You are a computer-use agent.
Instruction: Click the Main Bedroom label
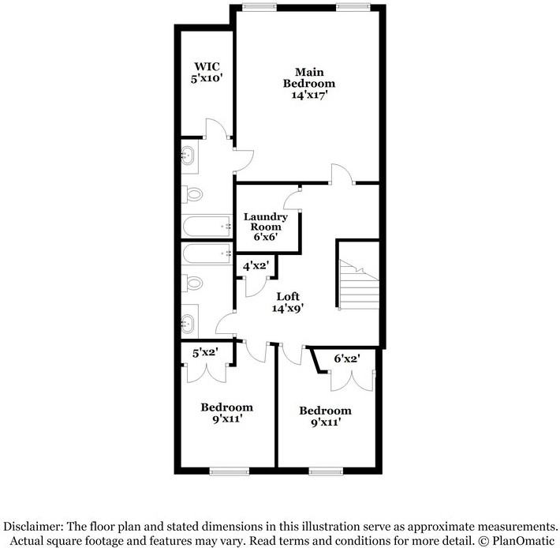click(x=309, y=83)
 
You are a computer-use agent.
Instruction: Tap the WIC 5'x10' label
click(x=207, y=72)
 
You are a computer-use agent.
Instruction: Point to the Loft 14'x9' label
click(x=288, y=302)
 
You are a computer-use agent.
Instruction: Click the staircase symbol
click(x=359, y=284)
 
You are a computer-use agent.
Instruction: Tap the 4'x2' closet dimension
click(x=256, y=266)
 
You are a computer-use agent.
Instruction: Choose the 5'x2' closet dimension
click(x=205, y=353)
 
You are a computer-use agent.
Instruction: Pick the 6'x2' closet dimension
click(x=347, y=358)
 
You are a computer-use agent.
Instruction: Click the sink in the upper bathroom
click(x=188, y=156)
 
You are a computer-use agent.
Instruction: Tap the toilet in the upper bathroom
click(x=192, y=195)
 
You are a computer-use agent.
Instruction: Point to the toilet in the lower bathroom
click(x=192, y=283)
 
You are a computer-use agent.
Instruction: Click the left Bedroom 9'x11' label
click(x=227, y=412)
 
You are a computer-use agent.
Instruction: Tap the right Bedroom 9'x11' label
click(x=326, y=416)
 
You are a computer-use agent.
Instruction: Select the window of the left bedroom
click(x=230, y=472)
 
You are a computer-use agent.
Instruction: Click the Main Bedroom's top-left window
click(x=259, y=7)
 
